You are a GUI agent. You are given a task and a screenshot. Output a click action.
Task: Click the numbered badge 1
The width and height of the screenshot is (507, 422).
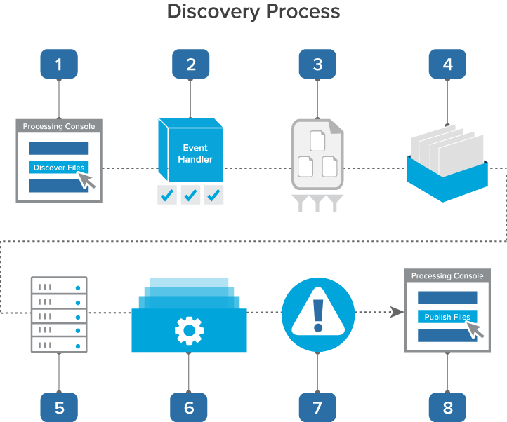[59, 64]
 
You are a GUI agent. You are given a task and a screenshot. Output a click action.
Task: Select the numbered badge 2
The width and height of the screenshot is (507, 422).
[191, 64]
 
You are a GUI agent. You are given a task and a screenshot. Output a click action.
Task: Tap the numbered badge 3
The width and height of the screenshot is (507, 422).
[317, 64]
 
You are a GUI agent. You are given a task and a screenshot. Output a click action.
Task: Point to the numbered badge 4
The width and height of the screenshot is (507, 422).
[448, 64]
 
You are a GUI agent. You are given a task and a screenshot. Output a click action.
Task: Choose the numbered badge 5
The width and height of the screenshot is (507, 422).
[59, 407]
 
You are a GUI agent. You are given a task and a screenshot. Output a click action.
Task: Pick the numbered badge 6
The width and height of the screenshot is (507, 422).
[189, 407]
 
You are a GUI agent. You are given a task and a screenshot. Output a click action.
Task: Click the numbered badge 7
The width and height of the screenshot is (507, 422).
[317, 407]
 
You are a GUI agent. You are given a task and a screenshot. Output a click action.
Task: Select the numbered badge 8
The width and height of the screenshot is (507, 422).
[448, 407]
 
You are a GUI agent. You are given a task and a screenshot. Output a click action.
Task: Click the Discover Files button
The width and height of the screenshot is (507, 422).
[59, 168]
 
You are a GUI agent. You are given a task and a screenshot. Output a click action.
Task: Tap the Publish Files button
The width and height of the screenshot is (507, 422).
[447, 317]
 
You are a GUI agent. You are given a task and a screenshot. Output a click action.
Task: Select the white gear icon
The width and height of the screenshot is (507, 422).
[189, 329]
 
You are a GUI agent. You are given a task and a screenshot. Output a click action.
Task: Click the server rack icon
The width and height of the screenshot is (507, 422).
[59, 315]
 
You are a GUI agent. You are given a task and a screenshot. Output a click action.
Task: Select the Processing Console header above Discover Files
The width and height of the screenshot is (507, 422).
[59, 126]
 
